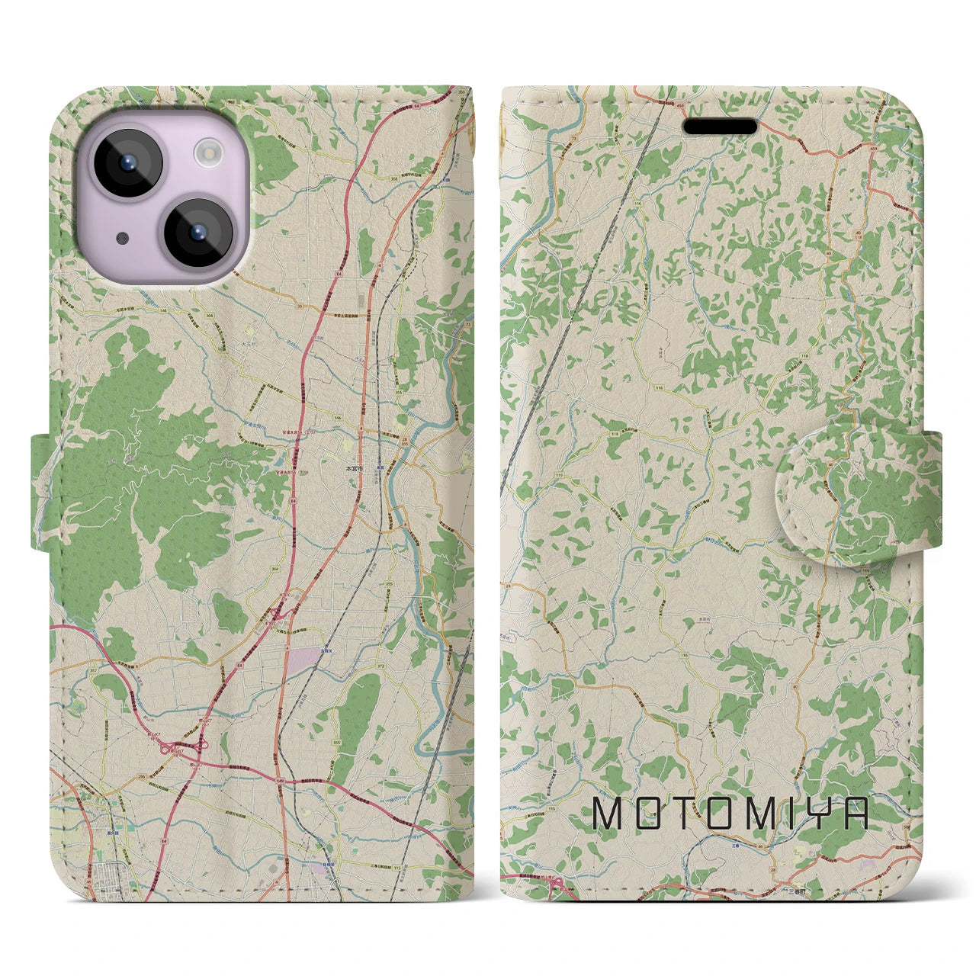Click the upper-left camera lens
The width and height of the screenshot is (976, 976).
[x=126, y=162]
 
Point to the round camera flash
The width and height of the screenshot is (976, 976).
[x=206, y=156]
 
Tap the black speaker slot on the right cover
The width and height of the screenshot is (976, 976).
[x=720, y=126]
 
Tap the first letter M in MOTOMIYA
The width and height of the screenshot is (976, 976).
[x=608, y=814]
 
